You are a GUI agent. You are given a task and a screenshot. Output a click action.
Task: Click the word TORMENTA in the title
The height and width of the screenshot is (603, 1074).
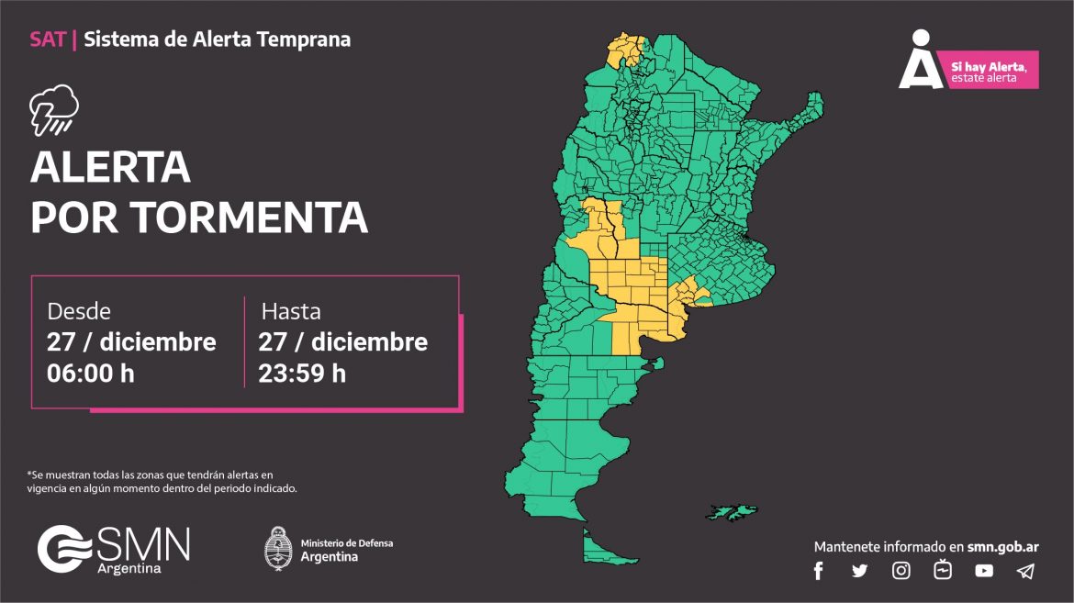click(249, 218)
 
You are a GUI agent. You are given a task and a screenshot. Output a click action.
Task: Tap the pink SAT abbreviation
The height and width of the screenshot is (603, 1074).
click(47, 39)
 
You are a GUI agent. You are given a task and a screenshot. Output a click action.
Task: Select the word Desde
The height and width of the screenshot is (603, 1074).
click(79, 311)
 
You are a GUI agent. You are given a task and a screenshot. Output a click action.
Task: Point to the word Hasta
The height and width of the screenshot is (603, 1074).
click(291, 311)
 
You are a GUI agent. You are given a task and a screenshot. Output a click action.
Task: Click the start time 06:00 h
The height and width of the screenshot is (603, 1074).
click(91, 374)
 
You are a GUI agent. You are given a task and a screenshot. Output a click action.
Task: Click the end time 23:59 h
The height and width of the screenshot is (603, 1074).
click(302, 374)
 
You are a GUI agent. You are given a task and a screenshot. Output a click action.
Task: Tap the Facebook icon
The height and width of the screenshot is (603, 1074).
click(819, 571)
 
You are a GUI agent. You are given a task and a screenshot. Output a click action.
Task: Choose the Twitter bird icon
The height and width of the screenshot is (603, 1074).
click(859, 571)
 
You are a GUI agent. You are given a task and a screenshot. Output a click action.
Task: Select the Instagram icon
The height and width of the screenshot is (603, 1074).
click(901, 571)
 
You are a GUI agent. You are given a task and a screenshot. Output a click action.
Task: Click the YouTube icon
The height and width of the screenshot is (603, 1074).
click(984, 571)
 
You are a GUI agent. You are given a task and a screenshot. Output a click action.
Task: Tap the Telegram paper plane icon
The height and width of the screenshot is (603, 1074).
click(1025, 571)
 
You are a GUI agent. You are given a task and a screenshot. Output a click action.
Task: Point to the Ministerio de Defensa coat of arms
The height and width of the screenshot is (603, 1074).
click(278, 549)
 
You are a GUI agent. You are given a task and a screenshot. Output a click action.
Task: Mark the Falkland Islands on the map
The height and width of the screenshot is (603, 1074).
click(732, 510)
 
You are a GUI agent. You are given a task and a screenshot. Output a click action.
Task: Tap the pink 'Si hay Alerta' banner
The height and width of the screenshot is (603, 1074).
click(993, 71)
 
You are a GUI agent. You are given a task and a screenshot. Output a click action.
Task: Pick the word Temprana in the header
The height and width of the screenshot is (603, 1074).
click(304, 39)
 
